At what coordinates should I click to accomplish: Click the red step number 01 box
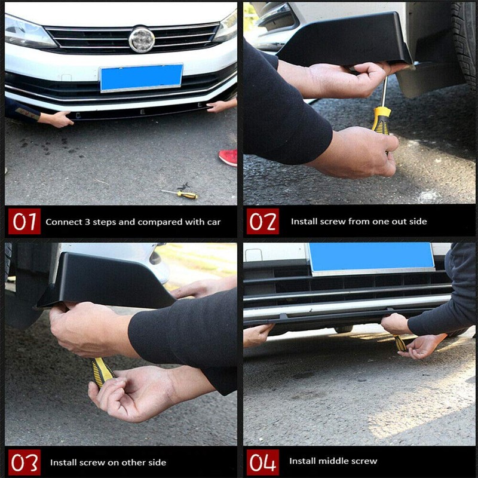coord(24,222)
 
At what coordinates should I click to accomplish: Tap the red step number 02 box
coord(263,222)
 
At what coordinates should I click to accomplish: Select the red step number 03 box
coord(24,462)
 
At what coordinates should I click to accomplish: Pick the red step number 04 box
coord(263,462)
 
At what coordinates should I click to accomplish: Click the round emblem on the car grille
coord(142,39)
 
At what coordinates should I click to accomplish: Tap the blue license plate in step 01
coord(142,78)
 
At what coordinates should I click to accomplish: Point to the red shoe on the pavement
coord(228,157)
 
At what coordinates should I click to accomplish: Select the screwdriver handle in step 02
coord(381,119)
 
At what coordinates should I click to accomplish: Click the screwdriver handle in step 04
coord(400,344)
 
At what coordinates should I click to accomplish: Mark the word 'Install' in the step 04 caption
coord(304,461)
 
